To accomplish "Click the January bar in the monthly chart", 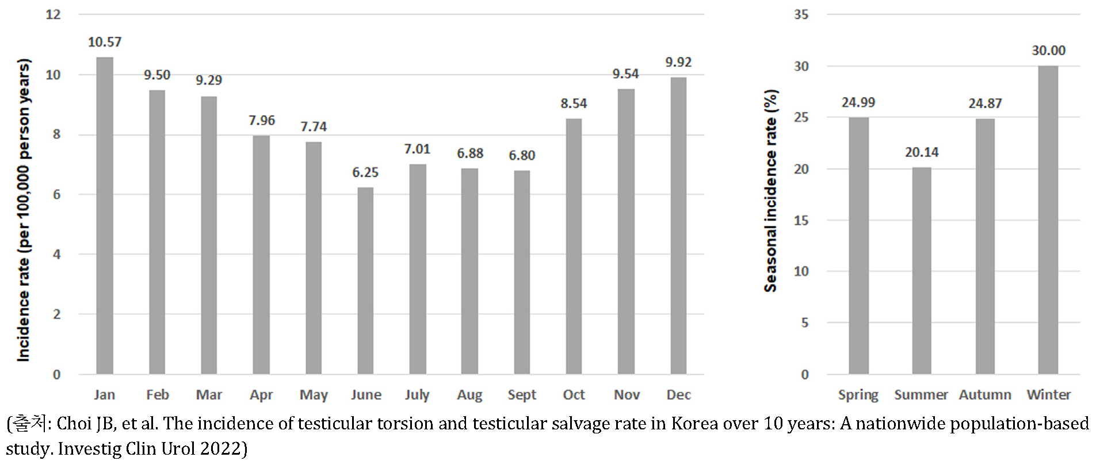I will (x=105, y=216).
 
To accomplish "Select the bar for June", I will (x=365, y=281).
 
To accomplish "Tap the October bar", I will (x=574, y=246).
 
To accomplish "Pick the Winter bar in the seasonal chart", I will (x=1048, y=220).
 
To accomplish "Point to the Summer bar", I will (x=921, y=271).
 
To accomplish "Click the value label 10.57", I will (x=105, y=42).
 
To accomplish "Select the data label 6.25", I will (x=365, y=172).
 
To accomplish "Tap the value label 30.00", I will (x=1048, y=51).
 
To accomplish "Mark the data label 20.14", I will (x=921, y=152).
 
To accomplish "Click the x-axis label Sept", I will (x=521, y=395).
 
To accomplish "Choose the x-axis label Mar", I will (x=209, y=395).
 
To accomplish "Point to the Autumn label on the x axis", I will (x=984, y=395).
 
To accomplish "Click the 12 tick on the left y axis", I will (x=54, y=14).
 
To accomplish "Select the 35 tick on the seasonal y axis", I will (x=801, y=14).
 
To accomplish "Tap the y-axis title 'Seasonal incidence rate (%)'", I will (x=771, y=191).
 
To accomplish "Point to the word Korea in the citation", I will (x=694, y=424).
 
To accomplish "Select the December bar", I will (x=678, y=225).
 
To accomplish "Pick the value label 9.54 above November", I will (x=625, y=74).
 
